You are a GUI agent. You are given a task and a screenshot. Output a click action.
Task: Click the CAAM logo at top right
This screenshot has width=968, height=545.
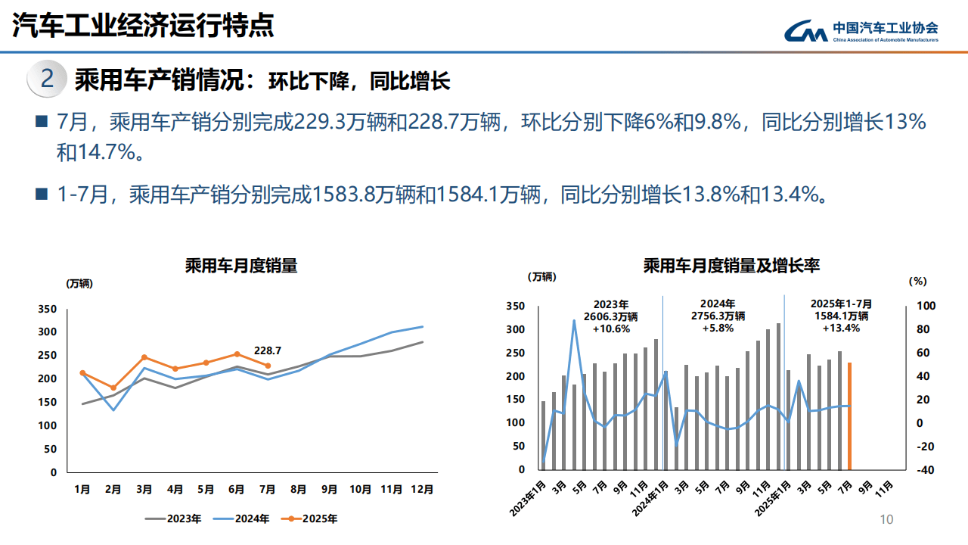[861, 30]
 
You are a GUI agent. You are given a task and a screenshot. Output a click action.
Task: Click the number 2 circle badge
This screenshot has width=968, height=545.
[47, 79]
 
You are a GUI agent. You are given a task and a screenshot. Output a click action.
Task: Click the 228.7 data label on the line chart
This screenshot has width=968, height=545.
[268, 350]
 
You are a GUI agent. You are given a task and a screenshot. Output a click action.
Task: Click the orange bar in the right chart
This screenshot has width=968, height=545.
[849, 416]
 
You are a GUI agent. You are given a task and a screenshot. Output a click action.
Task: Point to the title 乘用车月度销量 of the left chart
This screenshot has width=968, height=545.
[241, 266]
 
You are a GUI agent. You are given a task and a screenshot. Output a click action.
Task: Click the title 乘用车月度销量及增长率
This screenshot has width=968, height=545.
[731, 266]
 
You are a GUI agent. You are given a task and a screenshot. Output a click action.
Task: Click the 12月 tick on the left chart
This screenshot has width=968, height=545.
[423, 490]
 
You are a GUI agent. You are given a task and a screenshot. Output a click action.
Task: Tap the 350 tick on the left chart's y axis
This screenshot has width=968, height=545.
[47, 309]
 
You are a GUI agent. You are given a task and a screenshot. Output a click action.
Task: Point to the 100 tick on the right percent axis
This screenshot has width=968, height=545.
[926, 306]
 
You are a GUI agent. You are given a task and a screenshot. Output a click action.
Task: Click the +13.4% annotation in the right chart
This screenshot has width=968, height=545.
[840, 329]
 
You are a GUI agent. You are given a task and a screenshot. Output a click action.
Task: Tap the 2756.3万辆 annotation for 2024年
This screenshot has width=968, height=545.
[718, 316]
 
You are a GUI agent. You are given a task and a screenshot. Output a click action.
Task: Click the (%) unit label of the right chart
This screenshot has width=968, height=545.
[917, 280]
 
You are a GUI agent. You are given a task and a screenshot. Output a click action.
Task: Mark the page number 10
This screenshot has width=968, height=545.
[886, 519]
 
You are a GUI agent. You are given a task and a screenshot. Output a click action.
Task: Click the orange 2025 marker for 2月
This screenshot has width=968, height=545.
[113, 388]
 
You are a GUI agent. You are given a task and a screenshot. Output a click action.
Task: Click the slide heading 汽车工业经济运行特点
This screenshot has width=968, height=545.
[143, 26]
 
